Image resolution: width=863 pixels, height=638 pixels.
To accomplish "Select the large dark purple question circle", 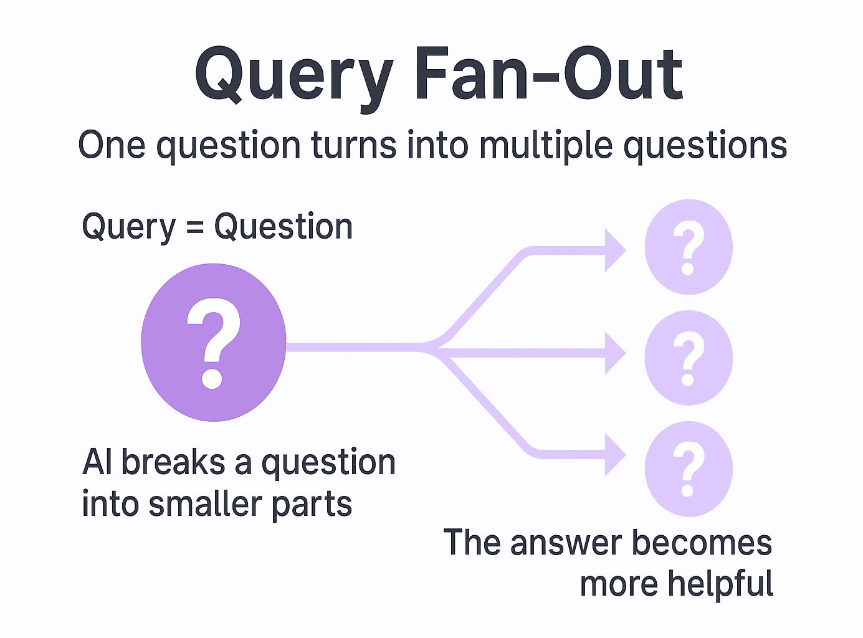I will point(213,342).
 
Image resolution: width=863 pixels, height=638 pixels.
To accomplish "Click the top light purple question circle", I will point(688,247).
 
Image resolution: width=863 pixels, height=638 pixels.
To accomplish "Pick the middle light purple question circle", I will point(688,358).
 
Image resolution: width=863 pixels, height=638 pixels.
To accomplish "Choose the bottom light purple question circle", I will point(688,469).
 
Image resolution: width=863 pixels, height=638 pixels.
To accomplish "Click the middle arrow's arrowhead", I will point(614,353).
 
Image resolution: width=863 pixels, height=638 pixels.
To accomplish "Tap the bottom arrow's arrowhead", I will point(614,455).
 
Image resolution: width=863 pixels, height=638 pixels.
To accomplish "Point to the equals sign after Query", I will point(195,228).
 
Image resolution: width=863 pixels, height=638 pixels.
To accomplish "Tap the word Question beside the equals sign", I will point(284,227).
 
